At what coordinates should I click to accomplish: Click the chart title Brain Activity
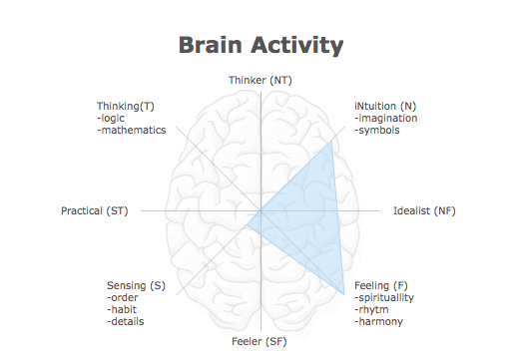click(260, 45)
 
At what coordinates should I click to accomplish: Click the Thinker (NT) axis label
click(260, 80)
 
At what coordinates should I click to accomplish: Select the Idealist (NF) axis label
click(424, 210)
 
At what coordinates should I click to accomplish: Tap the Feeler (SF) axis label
click(260, 342)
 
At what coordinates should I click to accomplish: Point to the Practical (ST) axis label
click(95, 210)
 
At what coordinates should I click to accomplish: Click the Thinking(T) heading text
click(126, 106)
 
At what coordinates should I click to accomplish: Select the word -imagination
click(386, 118)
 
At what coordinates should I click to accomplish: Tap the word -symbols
click(377, 130)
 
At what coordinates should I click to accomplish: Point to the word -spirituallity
click(384, 297)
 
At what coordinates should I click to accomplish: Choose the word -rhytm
click(371, 309)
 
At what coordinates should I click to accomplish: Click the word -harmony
click(378, 321)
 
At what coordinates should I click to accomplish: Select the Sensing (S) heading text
click(136, 285)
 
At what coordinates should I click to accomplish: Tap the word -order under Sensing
click(121, 297)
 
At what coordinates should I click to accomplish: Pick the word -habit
click(121, 309)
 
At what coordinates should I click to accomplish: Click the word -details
click(125, 321)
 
